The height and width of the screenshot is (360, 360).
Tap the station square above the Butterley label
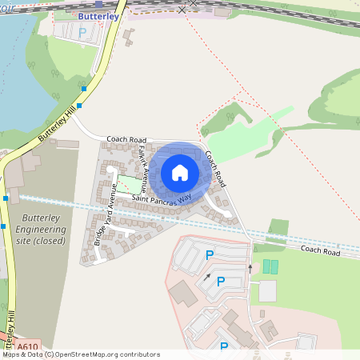pos(98,4)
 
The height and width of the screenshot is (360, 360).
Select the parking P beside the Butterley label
pos(82,32)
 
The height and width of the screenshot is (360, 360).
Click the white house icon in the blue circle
pos(179,173)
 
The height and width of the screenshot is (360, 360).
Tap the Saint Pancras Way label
pos(163,205)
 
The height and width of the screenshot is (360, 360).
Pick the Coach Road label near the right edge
pos(320,252)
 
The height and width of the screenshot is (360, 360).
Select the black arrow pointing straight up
pos(250,268)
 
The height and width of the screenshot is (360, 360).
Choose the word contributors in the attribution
pos(137,354)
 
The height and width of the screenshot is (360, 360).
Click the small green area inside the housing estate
pos(128,184)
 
